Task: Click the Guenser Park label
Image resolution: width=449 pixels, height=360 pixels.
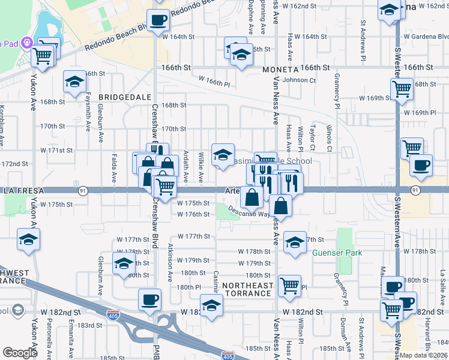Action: [338, 253]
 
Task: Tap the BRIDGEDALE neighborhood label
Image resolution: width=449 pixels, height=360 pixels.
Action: [121, 96]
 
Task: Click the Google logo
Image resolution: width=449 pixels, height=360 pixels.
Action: [20, 353]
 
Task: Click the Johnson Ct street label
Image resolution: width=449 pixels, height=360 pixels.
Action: [299, 79]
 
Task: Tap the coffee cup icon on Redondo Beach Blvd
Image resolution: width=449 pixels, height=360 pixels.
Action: [158, 20]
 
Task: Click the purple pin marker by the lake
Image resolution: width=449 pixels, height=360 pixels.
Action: [26, 43]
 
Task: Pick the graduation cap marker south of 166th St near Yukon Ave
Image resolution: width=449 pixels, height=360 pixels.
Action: [74, 83]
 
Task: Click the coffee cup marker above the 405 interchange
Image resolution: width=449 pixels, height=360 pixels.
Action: [149, 299]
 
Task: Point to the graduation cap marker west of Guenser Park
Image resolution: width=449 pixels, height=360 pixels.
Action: [294, 242]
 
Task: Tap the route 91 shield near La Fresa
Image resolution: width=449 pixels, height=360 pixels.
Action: [81, 190]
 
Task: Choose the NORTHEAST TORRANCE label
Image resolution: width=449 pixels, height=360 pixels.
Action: [247, 289]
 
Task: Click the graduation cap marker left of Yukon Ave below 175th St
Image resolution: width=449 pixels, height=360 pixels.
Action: [28, 239]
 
